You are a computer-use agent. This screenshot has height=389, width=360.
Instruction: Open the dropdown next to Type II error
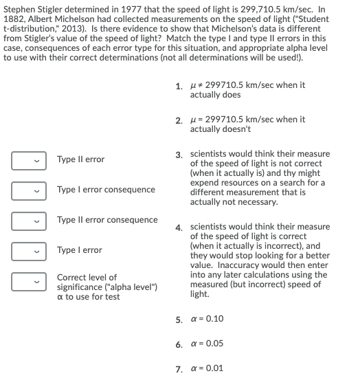29,161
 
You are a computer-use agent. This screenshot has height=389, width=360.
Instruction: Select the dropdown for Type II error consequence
29,221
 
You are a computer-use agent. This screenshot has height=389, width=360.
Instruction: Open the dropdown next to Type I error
29,252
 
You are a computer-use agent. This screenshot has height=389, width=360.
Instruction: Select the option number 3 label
179,154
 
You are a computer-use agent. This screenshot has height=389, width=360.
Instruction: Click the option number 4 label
179,227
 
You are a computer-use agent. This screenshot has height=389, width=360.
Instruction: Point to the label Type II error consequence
107,220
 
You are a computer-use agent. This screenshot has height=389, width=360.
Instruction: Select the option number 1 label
179,86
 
